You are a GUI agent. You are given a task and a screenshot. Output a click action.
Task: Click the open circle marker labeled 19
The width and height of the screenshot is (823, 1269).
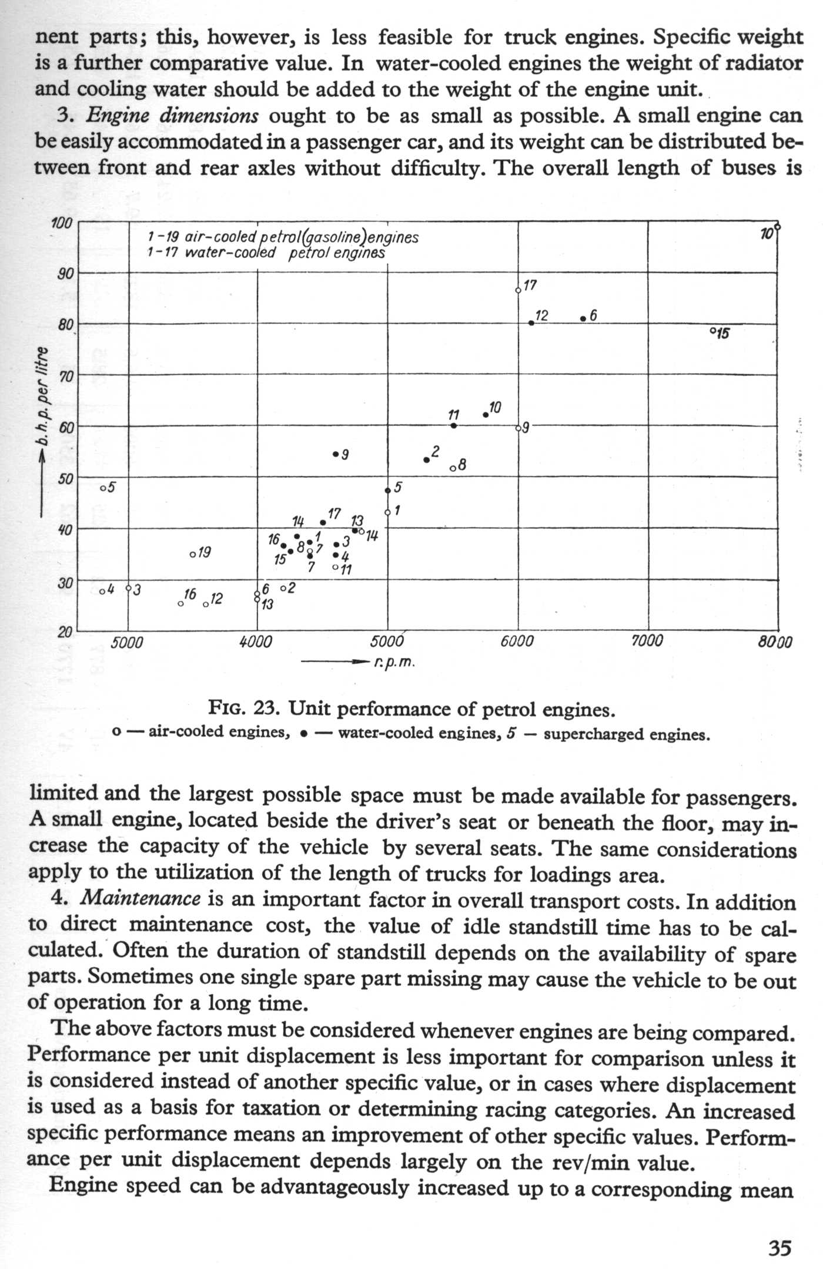coord(192,555)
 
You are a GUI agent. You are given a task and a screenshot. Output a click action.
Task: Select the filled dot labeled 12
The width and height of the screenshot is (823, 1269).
coord(531,323)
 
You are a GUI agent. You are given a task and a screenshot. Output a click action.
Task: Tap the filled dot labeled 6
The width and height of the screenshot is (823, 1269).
coord(583,318)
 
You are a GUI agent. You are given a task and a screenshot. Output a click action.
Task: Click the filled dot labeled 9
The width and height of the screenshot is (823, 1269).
coord(335,454)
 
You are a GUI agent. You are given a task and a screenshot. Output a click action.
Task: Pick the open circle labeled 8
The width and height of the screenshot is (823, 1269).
coord(452,468)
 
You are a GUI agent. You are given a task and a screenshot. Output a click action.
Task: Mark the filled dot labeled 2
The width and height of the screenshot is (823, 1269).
coord(427,459)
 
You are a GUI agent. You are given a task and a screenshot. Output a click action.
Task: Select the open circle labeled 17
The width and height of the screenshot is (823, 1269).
coord(518,290)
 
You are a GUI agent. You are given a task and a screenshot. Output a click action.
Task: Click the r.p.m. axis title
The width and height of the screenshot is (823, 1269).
coord(394,663)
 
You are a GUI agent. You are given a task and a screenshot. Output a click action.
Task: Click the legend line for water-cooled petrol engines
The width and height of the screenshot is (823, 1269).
coord(266,253)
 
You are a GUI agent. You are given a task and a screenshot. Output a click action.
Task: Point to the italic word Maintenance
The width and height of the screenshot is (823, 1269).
coord(139,898)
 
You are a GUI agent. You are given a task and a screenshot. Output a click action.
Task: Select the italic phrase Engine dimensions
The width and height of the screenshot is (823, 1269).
coord(172,115)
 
